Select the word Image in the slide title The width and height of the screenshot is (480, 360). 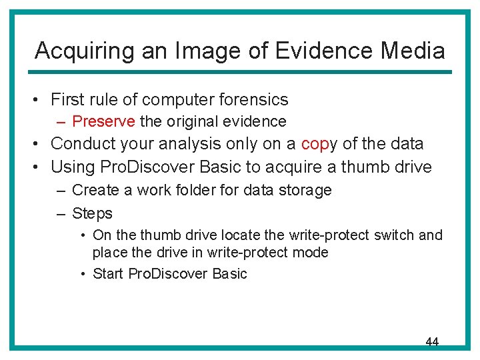(199, 51)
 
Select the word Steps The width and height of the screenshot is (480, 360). (92, 213)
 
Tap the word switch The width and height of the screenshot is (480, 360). (393, 235)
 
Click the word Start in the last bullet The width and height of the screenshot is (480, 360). (107, 274)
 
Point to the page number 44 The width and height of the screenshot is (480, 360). (432, 341)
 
